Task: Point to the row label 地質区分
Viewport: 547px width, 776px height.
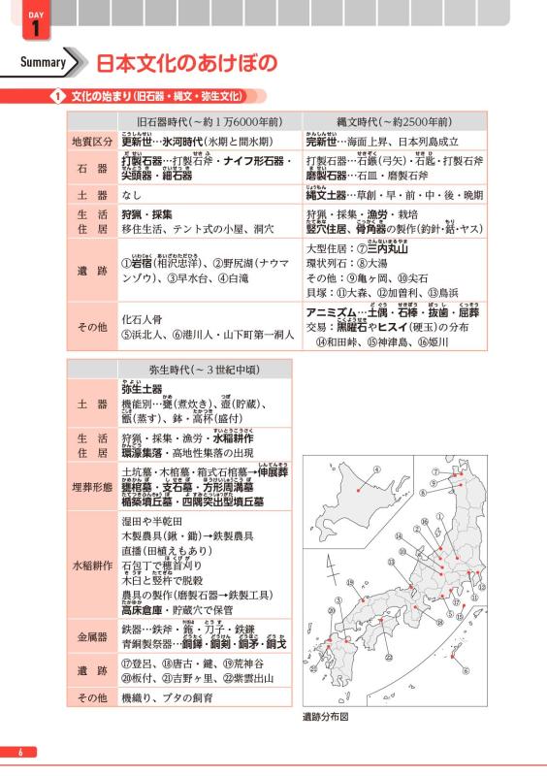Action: (x=90, y=142)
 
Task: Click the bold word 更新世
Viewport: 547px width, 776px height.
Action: (x=137, y=142)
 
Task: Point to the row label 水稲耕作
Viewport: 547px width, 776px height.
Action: (x=90, y=564)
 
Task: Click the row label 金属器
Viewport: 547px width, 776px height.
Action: (x=90, y=636)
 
